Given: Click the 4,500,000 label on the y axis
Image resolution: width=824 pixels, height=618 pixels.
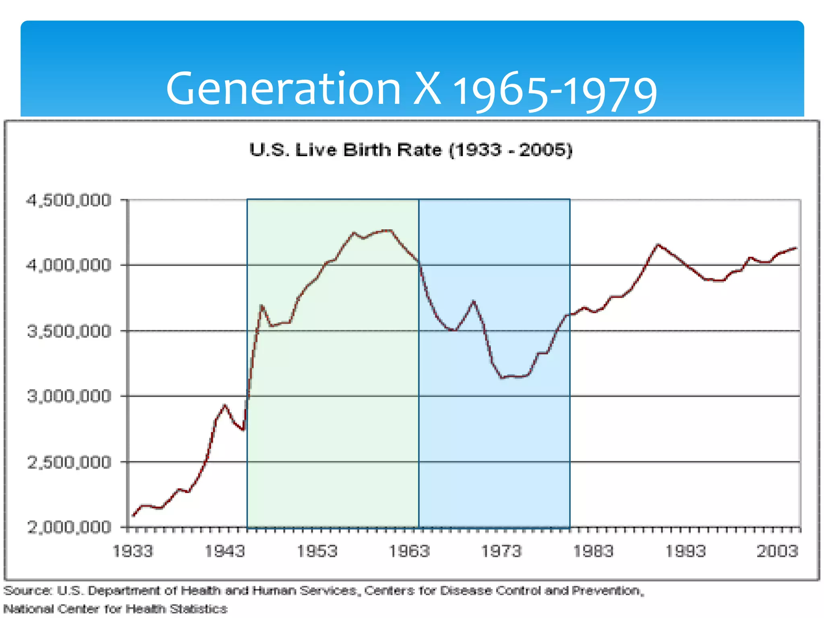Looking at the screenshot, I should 68,200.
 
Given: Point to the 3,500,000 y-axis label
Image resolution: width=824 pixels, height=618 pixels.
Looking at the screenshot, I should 68,331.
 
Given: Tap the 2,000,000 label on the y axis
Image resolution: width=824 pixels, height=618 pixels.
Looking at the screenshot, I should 68,527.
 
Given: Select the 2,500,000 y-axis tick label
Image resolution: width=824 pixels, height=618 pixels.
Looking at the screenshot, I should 68,462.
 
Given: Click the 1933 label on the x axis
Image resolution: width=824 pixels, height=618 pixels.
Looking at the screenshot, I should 133,551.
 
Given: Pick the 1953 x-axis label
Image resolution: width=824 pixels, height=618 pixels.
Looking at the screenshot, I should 317,551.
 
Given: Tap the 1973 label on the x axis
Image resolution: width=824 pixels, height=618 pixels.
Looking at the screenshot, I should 501,551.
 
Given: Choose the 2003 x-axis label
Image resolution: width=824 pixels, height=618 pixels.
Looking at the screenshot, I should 777,551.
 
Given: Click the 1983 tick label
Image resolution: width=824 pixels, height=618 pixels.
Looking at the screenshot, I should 593,551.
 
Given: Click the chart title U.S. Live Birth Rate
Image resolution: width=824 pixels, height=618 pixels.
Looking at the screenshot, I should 410,150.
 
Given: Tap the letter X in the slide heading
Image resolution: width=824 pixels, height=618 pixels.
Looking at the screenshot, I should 427,89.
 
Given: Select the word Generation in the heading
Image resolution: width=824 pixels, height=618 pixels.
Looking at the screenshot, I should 283,89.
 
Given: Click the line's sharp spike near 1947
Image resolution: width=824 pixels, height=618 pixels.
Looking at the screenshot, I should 262,306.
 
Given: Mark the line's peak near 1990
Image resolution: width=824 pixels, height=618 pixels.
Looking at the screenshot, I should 657,245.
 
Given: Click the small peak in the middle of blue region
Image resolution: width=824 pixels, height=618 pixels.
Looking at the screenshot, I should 474,301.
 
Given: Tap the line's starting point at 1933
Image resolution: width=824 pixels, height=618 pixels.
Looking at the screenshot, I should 134,515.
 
